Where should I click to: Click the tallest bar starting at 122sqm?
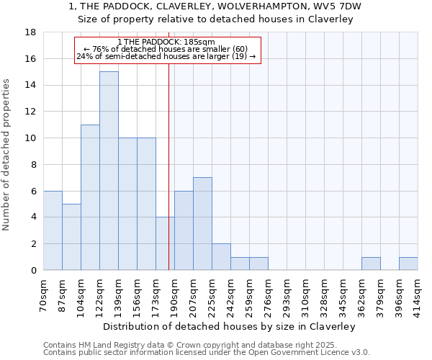coord(109,171)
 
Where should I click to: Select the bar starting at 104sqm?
coord(90,197)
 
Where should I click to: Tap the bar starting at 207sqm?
coord(202,223)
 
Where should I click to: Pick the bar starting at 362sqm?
coord(371,264)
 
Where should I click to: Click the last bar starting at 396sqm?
coord(408,264)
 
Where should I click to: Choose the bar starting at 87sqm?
coord(71,237)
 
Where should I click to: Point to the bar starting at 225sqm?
coord(221,257)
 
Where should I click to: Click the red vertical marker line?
coord(168,180)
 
